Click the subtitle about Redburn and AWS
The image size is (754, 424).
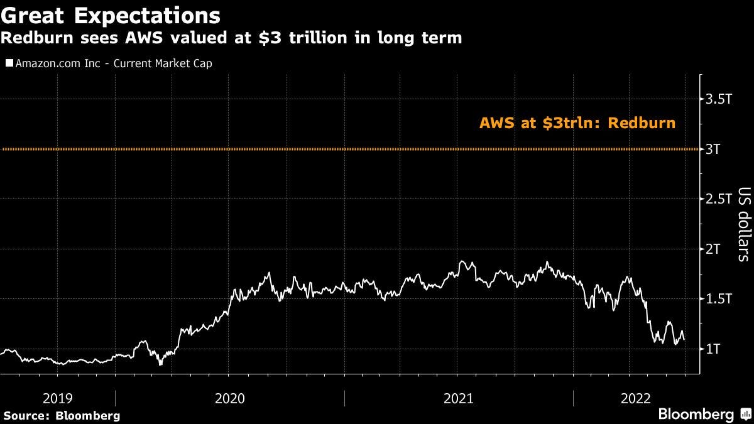231,38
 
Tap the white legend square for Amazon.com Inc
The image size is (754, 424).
9,63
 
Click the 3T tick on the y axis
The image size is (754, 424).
713,149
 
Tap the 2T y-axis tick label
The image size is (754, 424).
713,249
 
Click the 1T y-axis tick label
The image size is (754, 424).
713,349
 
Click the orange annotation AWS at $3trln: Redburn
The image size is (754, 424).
577,123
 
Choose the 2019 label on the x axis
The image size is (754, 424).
57,398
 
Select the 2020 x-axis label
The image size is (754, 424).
230,398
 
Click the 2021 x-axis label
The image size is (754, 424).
459,398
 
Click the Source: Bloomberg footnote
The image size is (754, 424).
61,415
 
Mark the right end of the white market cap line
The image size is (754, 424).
684,340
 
